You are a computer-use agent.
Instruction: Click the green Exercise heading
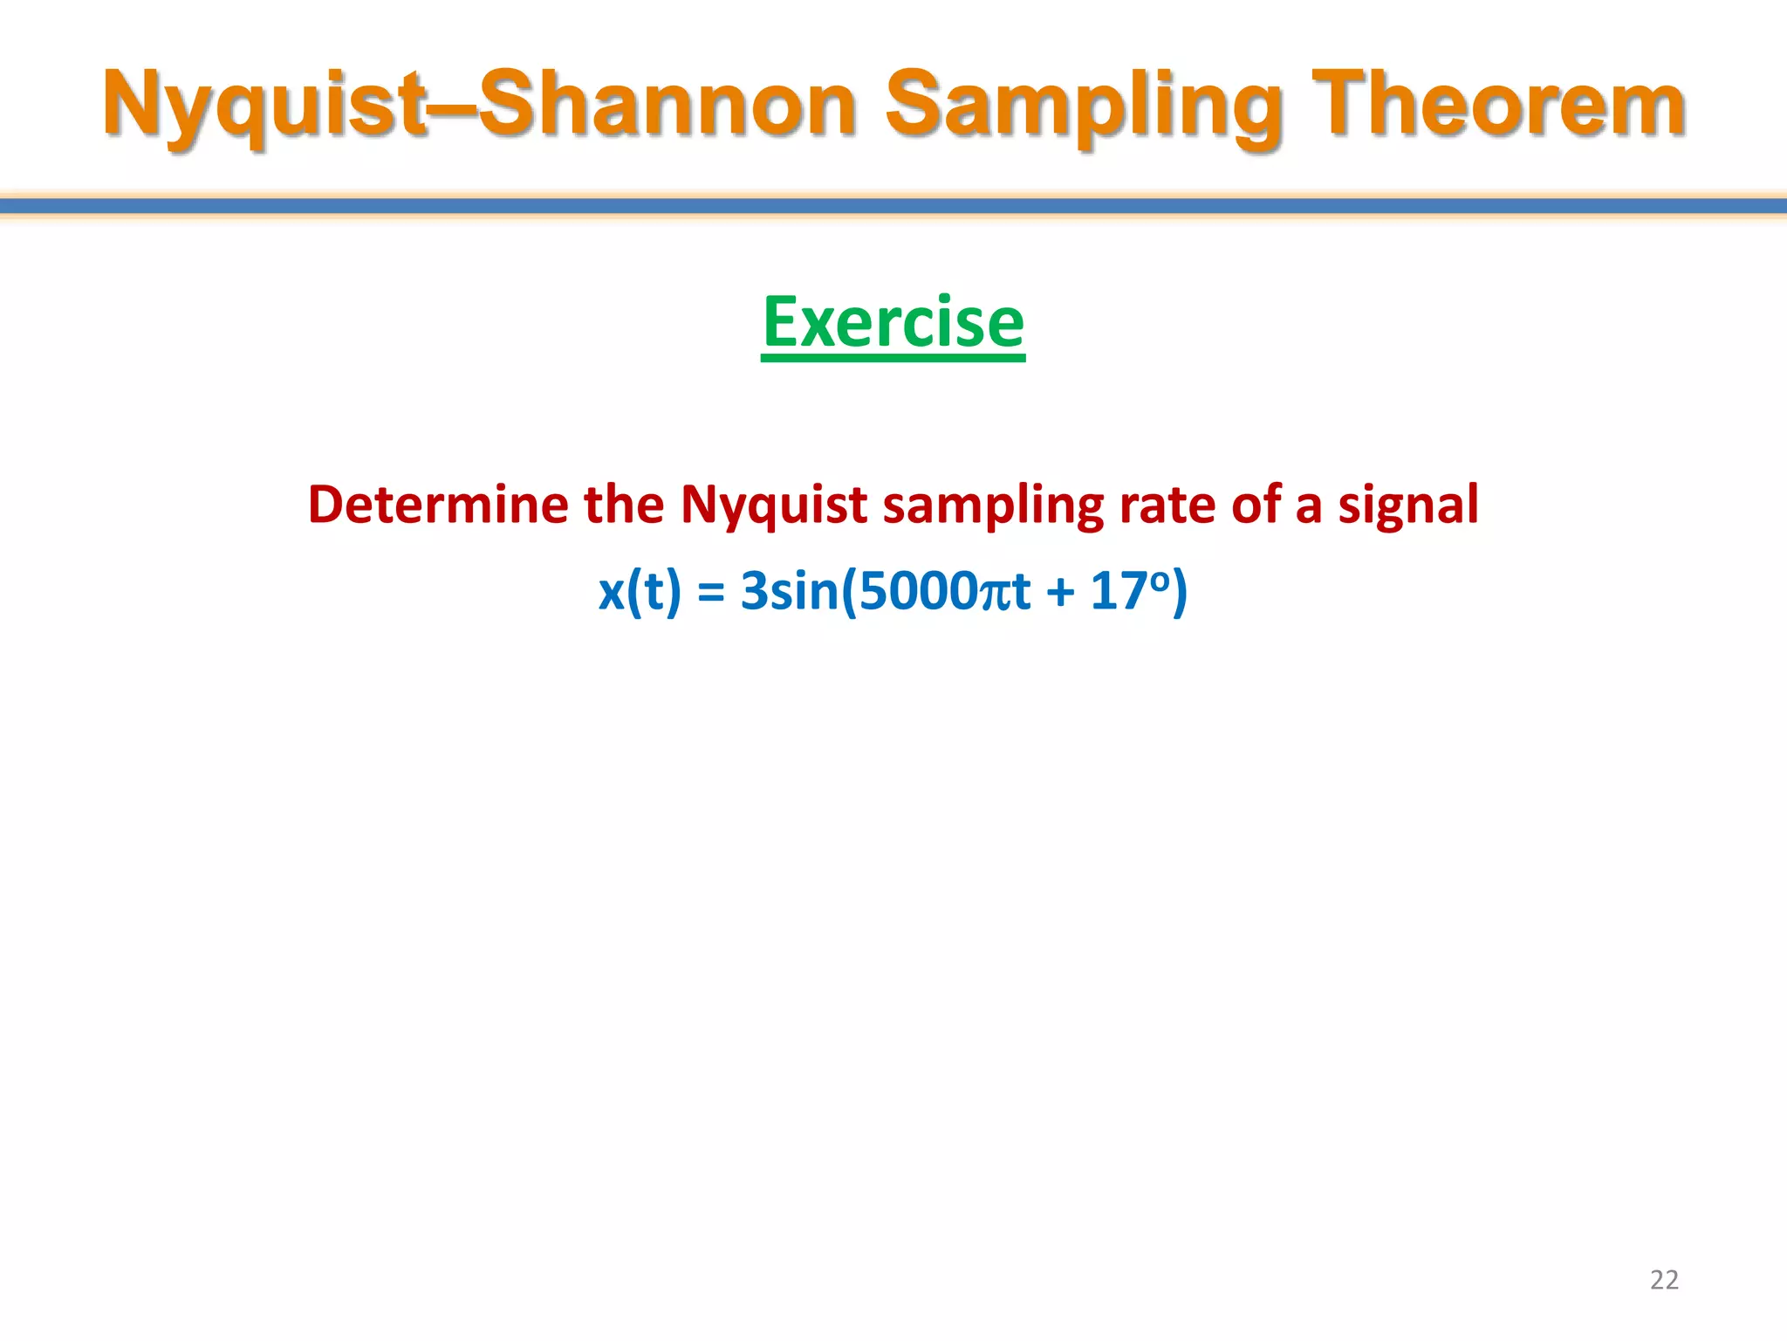point(893,323)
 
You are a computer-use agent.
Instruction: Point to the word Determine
point(438,505)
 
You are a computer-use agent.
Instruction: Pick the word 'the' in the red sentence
point(623,505)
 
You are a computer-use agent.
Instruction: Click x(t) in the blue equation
point(640,591)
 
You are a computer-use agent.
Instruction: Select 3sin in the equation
point(789,591)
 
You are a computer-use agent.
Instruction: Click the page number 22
point(1663,1280)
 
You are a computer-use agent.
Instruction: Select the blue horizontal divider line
point(893,206)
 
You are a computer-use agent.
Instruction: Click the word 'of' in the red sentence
point(1255,505)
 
